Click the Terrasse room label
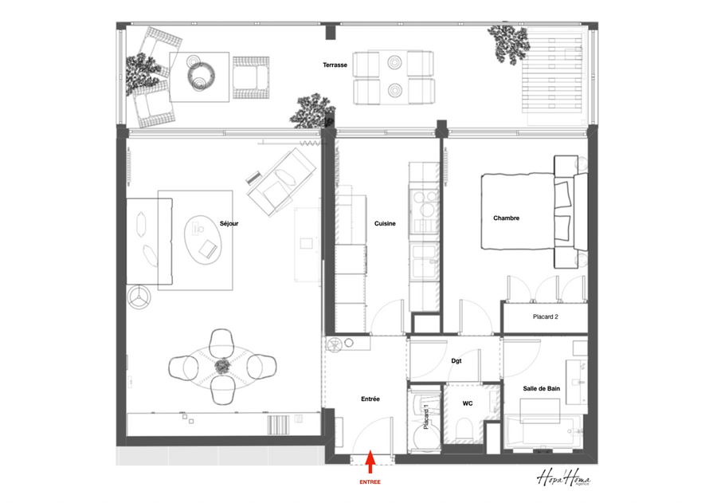tap(335, 65)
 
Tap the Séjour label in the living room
tap(229, 223)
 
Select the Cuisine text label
tap(385, 223)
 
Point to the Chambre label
tap(506, 218)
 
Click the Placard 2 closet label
tap(545, 316)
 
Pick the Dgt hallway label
tap(456, 361)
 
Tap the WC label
tap(468, 403)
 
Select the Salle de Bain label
tap(541, 388)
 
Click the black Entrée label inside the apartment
tap(370, 399)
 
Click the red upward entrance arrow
tap(370, 462)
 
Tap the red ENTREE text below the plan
tap(370, 481)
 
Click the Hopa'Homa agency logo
tap(564, 479)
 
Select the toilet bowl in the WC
tap(464, 429)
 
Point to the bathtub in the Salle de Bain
tap(544, 431)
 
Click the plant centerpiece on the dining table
tap(222, 366)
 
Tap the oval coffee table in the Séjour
tap(203, 239)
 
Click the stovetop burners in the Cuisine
tap(424, 203)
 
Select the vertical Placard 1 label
tap(426, 417)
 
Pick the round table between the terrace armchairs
tap(201, 74)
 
